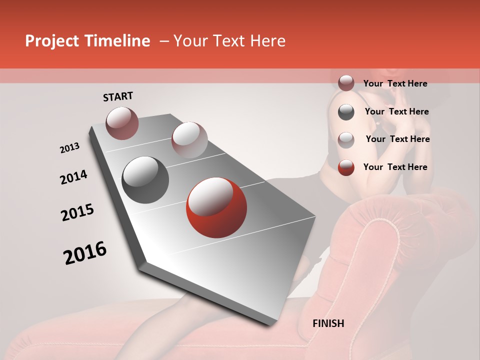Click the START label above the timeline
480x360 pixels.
click(x=118, y=96)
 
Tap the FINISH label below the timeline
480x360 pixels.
click(x=328, y=323)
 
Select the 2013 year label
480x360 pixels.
click(x=70, y=148)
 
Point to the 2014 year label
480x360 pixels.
click(x=73, y=177)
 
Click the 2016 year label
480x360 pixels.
click(x=85, y=252)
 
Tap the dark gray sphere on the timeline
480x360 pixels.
click(x=145, y=180)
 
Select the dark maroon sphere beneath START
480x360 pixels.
click(x=122, y=123)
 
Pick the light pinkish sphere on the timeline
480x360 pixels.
click(x=189, y=139)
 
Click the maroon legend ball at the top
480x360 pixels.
click(x=346, y=83)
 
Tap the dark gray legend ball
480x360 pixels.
click(x=346, y=112)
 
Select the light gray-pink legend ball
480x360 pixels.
click(x=346, y=140)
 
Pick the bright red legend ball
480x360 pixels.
click(x=346, y=167)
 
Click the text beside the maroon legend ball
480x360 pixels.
click(x=395, y=83)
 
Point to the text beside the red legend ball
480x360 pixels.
click(x=395, y=167)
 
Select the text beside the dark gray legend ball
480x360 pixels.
click(x=396, y=111)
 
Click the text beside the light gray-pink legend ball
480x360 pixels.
click(x=397, y=139)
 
